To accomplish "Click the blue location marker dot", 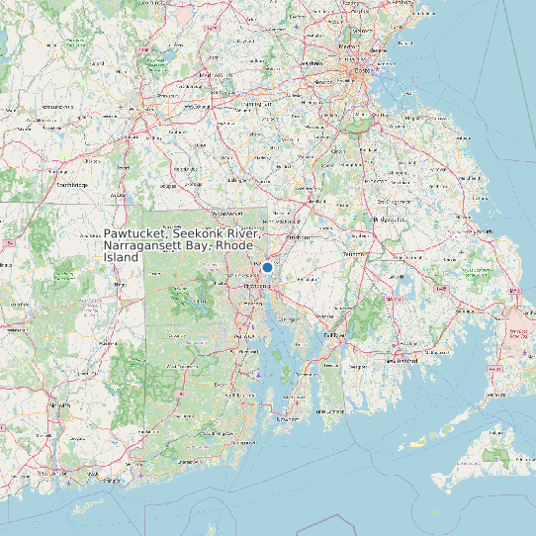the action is point(267,267).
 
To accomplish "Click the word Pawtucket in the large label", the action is point(137,234).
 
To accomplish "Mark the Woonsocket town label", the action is point(226,212).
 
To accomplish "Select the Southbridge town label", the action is point(72,185).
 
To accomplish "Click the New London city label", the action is point(48,473).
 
